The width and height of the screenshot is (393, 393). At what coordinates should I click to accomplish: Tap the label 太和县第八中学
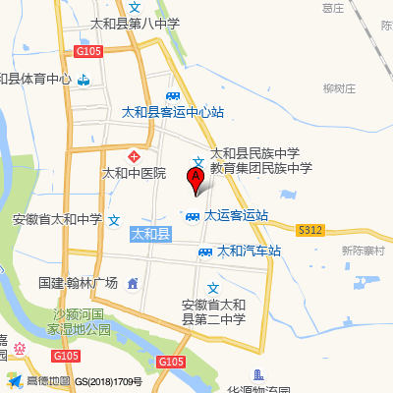coord(135,24)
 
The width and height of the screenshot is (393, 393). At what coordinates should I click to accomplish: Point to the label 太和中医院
coord(135,173)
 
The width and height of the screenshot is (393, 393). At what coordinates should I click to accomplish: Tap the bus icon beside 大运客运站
coord(194,216)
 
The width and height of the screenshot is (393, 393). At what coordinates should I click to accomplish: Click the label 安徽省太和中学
coord(57,220)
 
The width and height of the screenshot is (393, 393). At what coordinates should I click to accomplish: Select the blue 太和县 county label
coord(150,234)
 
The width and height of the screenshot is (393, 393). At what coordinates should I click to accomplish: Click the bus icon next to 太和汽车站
coord(205,252)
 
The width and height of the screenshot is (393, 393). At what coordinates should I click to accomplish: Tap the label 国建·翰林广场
coord(79,283)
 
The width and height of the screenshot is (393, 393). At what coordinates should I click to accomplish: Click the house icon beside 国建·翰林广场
coord(133,284)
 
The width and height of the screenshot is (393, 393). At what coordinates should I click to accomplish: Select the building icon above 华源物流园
coord(257,374)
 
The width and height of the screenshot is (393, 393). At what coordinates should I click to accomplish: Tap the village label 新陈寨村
coord(363,251)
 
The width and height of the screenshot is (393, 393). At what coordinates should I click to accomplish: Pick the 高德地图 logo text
coord(47,381)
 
